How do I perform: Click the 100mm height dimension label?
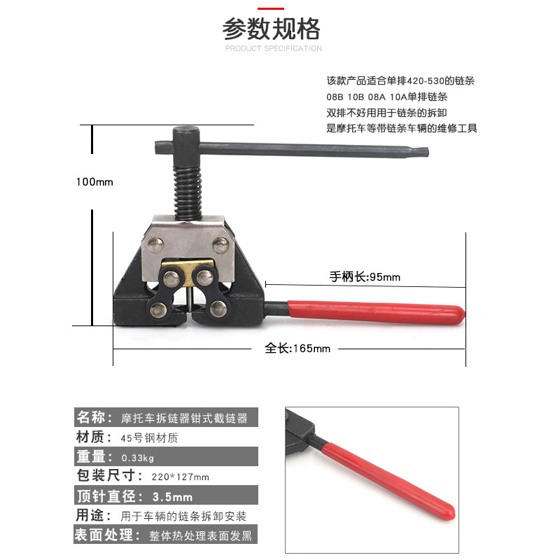click(94, 182)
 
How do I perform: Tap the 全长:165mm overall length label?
click(297, 348)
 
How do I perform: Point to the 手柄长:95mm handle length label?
click(365, 276)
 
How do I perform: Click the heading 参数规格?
click(271, 29)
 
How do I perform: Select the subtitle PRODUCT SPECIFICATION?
click(274, 48)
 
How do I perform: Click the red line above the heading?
click(271, 8)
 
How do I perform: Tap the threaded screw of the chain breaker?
click(188, 193)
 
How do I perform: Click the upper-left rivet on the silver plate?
click(155, 245)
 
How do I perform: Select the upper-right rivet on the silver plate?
click(220, 245)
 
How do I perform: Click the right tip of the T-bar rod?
click(428, 153)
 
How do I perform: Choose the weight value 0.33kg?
click(138, 458)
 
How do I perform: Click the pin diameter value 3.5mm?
click(172, 496)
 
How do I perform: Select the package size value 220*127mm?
click(181, 477)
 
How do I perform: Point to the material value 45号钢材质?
click(149, 438)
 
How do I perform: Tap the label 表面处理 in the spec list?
click(104, 535)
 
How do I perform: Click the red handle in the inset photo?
click(388, 480)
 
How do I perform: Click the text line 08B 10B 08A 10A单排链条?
click(387, 97)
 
